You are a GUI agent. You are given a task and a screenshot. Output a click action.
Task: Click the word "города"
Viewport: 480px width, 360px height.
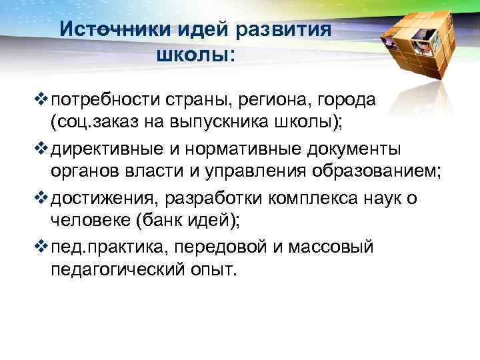[x=347, y=101]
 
